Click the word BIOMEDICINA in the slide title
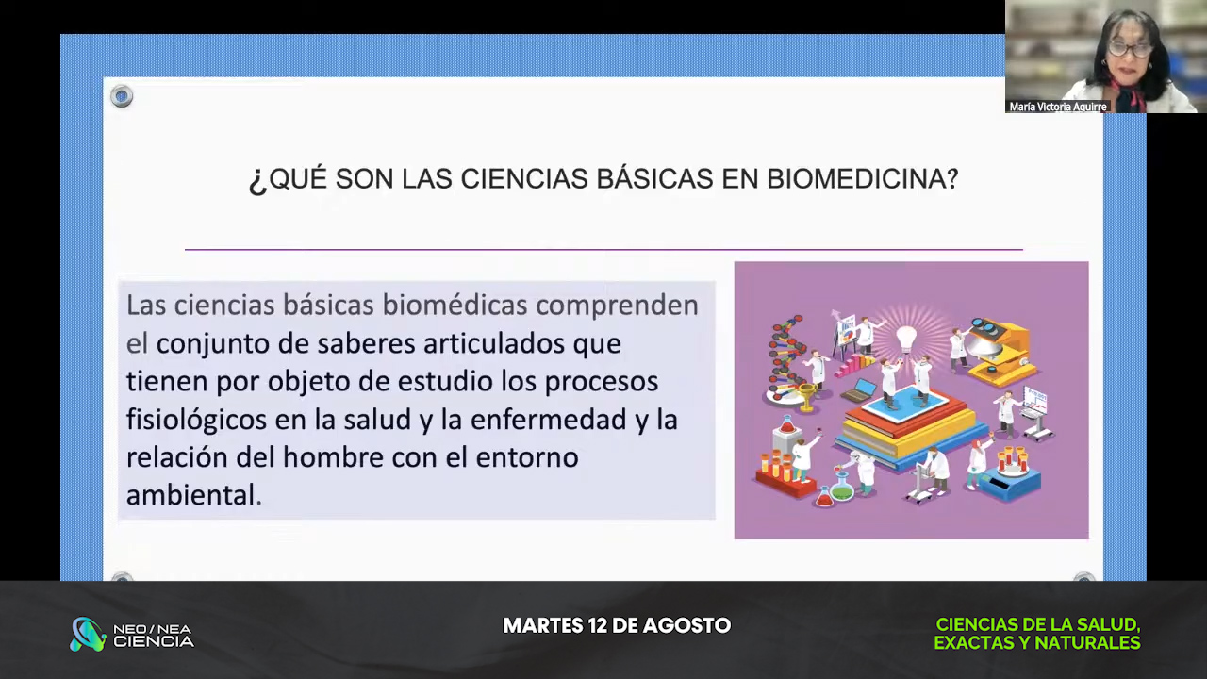coord(862,178)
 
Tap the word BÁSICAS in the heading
coord(654,178)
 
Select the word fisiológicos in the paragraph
coord(197,421)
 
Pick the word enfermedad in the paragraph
coord(548,420)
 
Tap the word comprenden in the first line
coord(617,306)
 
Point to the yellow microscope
coord(1001,353)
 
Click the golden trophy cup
coord(806,397)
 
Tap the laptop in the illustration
coord(859,390)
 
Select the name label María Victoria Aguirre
coord(1058,107)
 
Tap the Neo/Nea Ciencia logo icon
coord(88,634)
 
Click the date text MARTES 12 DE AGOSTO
coord(617,625)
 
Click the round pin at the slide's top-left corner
coord(122,96)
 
